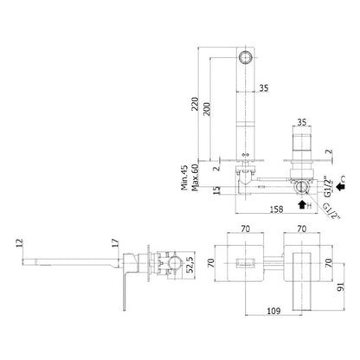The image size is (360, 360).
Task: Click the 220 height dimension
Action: [196, 104]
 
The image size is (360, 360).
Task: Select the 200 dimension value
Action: [207, 109]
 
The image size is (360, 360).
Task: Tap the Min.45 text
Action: [184, 177]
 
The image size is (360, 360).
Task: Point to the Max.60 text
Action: [195, 177]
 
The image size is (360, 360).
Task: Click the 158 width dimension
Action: [276, 209]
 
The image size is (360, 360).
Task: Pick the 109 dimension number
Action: [273, 311]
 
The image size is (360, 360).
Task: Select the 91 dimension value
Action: [341, 287]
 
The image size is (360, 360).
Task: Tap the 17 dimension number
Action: [115, 242]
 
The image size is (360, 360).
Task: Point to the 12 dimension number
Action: [19, 243]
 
